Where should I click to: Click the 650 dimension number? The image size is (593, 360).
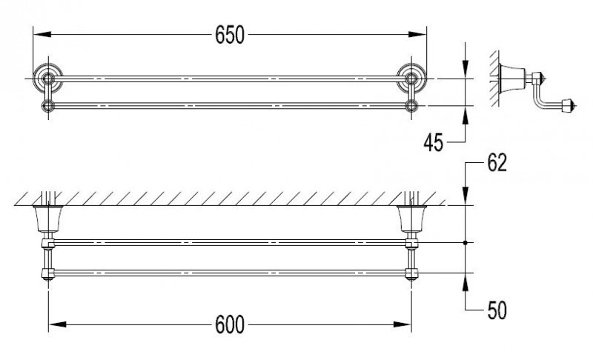(230, 35)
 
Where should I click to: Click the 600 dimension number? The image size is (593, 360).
(230, 324)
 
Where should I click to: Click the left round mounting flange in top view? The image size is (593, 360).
(49, 77)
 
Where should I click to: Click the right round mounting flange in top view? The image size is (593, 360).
(411, 77)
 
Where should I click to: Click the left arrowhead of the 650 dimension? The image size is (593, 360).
(39, 35)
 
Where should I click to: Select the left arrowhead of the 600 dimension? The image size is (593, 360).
(53, 324)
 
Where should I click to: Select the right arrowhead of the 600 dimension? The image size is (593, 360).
(407, 324)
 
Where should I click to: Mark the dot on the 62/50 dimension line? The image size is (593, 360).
(465, 243)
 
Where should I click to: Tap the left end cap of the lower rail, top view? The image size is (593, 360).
(49, 105)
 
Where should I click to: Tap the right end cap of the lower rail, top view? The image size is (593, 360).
(411, 105)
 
